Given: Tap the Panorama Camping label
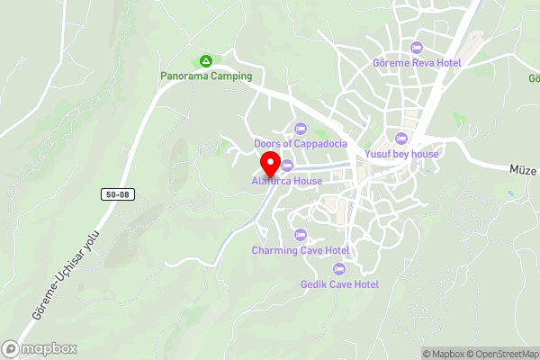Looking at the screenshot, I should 206,76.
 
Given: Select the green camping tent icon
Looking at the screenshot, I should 206,61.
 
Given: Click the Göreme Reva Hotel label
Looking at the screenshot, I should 416,62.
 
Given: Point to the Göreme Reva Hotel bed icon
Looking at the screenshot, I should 416,47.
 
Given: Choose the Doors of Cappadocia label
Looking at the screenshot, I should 301,143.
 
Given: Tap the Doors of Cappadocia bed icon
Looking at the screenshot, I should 301,128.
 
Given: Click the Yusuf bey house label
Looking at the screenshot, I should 401,154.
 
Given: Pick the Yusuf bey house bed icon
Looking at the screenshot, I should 401,139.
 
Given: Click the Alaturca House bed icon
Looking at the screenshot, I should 287,166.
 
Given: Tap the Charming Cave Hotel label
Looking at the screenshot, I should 301,249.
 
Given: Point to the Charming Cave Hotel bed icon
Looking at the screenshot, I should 301,234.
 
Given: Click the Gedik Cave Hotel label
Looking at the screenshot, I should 339,284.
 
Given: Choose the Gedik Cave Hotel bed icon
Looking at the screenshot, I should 339,269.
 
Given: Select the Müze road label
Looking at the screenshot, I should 522,169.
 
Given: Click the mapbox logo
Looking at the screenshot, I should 40,348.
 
